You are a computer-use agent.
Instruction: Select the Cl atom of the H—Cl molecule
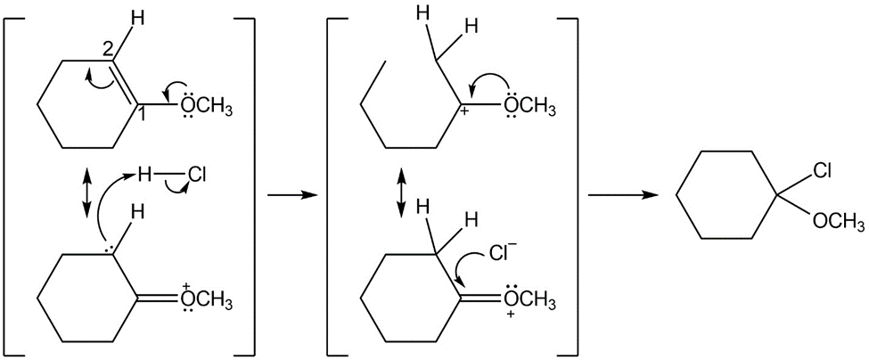coord(197,176)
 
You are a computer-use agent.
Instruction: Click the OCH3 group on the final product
coord(838,221)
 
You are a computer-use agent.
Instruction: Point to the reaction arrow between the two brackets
coord(291,195)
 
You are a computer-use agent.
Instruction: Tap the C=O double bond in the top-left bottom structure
coord(156,300)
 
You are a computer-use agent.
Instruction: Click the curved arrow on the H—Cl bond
coord(177,190)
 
